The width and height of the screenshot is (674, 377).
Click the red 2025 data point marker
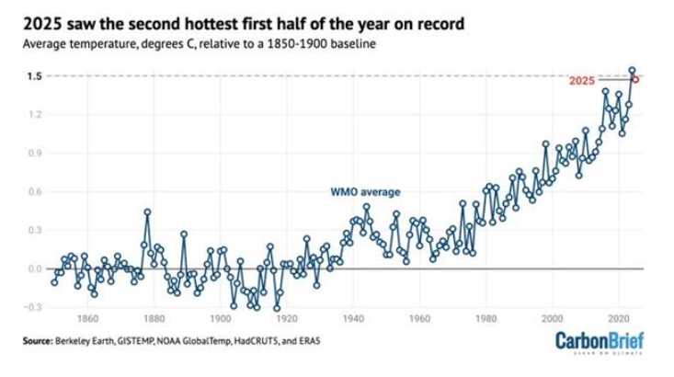(635, 79)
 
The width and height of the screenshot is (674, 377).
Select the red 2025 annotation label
(582, 81)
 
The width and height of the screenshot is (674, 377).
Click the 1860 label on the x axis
(87, 319)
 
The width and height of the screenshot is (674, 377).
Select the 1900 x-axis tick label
(221, 319)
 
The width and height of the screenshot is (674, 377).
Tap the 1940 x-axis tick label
(353, 319)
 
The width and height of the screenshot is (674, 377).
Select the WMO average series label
(366, 192)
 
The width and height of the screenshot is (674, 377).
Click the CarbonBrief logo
(600, 342)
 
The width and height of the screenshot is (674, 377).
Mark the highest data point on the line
(632, 70)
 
